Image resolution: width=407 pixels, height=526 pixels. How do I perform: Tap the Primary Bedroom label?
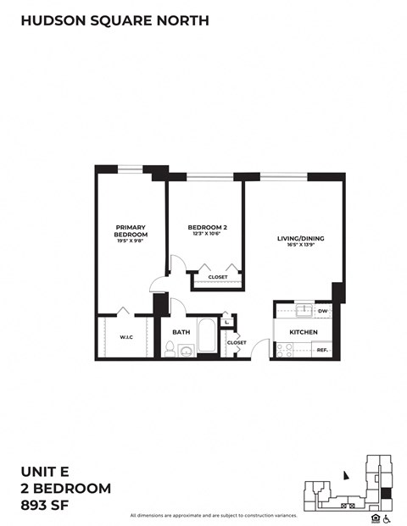click(131, 230)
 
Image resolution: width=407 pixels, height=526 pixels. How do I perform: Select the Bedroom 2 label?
click(206, 227)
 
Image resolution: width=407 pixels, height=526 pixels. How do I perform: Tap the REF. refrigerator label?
click(322, 349)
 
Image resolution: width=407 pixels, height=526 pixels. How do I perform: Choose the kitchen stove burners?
click(283, 349)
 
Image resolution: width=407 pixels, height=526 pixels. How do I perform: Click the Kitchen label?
click(303, 331)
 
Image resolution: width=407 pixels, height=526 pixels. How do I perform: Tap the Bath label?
click(181, 332)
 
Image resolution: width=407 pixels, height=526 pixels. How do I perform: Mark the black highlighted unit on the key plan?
click(387, 493)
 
